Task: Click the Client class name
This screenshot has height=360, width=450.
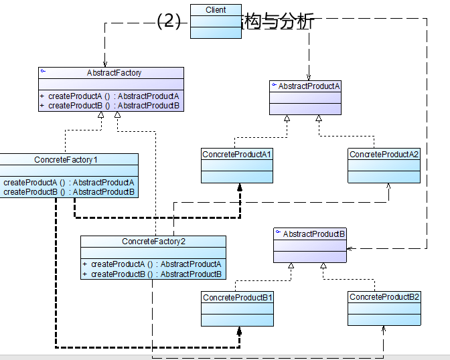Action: [216, 10]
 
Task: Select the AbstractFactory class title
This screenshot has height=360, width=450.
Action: [114, 73]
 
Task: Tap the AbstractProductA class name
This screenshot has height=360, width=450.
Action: [309, 86]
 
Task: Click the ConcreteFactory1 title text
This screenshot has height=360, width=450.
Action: [66, 160]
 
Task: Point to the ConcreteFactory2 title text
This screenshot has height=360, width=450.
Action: [153, 242]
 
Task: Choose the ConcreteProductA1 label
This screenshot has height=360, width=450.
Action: [237, 155]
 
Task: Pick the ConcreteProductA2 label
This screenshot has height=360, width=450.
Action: [384, 155]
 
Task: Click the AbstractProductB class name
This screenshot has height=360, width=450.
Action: [314, 234]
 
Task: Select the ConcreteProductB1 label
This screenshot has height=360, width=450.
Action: [238, 297]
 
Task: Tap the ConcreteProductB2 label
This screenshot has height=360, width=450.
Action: [384, 296]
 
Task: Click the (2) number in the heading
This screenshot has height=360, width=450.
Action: [169, 22]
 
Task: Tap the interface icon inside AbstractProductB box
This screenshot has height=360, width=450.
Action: [278, 233]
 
